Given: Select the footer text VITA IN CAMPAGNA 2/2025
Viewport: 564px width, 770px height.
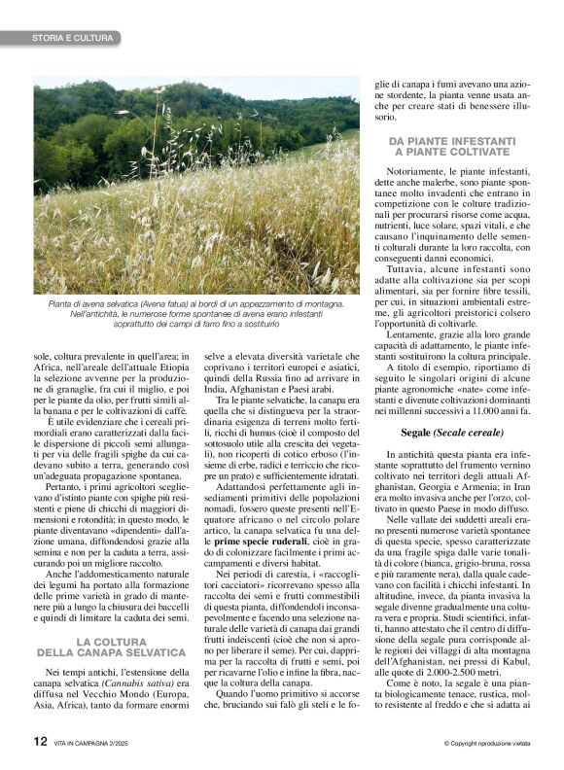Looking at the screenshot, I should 100,743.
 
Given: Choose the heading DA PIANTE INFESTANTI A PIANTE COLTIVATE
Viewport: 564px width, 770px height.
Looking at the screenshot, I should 452,147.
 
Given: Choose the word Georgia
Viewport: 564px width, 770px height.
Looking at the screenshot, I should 409,495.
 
